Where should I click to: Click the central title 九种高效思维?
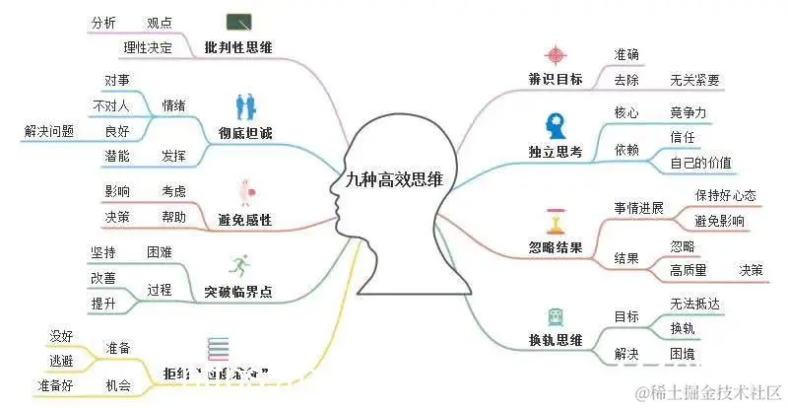point(394,180)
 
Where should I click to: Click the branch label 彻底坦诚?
point(244,133)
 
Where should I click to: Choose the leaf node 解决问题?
point(49,130)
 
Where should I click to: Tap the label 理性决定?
point(148,47)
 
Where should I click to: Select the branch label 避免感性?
point(244,219)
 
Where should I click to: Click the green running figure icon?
point(238,264)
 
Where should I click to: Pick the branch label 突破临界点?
point(237,292)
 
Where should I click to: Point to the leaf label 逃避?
point(61,360)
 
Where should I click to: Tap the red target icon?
point(556,53)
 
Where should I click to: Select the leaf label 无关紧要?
point(694,80)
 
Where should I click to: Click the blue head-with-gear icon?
point(555,125)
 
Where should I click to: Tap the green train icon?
point(556,316)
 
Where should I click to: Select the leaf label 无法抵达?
point(694,305)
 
